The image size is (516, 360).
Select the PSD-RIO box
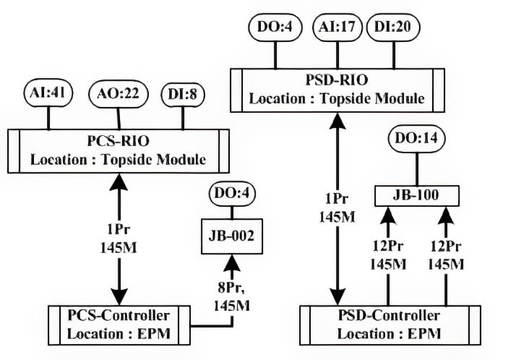pos(337,90)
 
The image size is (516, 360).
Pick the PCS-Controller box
pos(119,326)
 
